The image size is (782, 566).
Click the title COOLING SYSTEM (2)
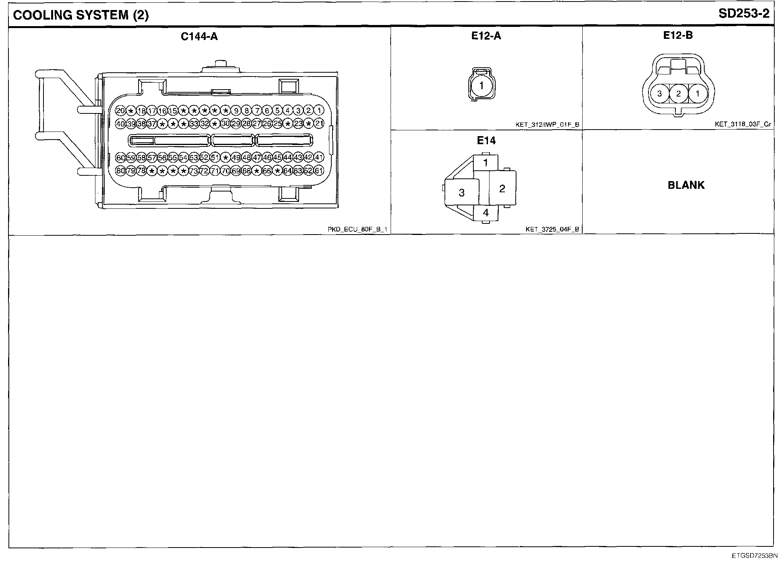click(x=80, y=15)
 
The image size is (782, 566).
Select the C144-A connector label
click(x=199, y=37)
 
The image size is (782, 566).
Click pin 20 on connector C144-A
click(x=120, y=111)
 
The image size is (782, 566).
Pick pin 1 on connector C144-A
click(x=319, y=111)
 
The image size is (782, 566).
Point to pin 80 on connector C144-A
click(x=120, y=171)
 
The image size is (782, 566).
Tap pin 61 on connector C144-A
click(x=319, y=171)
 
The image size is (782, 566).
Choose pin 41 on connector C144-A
click(x=319, y=157)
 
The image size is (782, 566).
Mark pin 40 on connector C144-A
click(x=120, y=124)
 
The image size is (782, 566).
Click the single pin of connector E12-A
click(x=481, y=85)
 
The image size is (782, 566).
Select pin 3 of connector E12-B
click(x=659, y=93)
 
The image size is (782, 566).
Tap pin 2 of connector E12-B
click(x=678, y=93)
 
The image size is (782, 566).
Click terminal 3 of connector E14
click(x=462, y=193)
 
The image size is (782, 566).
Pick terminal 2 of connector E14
click(x=502, y=188)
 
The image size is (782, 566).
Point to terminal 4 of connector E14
click(x=486, y=213)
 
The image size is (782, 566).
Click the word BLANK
click(x=686, y=185)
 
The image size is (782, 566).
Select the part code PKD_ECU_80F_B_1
click(x=357, y=230)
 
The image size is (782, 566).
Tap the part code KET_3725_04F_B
click(x=552, y=230)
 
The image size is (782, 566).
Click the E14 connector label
click(x=486, y=141)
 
